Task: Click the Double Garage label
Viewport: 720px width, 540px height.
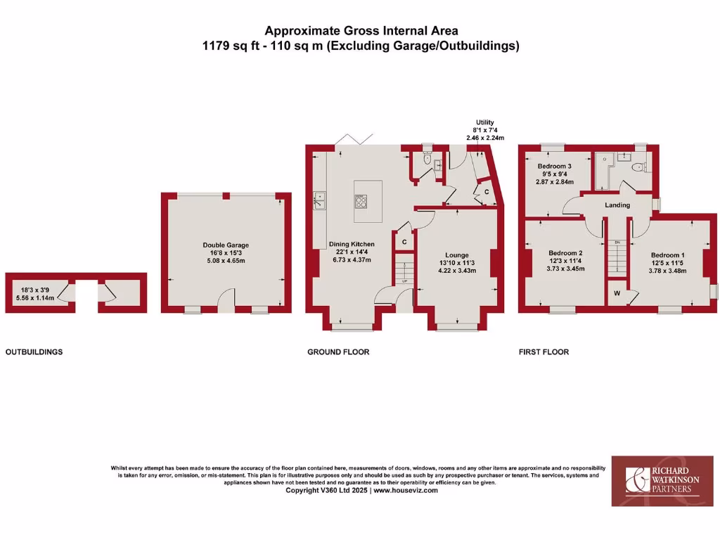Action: [226, 245]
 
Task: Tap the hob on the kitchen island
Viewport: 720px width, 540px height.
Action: [361, 201]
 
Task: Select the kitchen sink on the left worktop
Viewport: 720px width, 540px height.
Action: [319, 200]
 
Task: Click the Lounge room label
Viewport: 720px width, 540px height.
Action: [457, 255]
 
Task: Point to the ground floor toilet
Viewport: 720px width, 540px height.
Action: [427, 160]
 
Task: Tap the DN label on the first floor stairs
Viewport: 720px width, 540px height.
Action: [617, 243]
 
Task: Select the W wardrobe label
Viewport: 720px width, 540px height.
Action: [617, 294]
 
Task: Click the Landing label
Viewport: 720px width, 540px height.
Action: [617, 205]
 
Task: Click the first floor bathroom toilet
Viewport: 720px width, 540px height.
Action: [638, 167]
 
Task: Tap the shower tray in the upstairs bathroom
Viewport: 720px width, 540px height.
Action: [604, 172]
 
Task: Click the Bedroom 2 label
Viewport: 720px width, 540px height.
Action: [565, 253]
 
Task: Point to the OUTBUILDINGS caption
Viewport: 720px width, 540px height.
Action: [34, 352]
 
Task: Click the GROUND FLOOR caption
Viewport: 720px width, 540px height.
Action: [338, 352]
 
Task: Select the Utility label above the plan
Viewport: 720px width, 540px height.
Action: [485, 122]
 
